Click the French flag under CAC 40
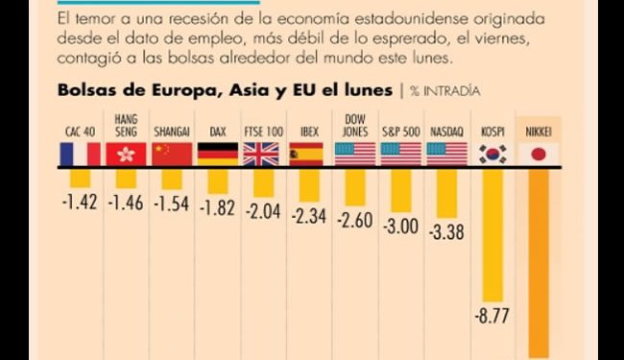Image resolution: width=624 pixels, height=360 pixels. [81, 154]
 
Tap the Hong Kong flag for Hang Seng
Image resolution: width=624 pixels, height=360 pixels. [127, 154]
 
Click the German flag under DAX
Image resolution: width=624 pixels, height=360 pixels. [218, 154]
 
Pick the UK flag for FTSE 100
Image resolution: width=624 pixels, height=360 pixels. [261, 154]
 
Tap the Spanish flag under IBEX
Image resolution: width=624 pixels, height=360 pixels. [307, 154]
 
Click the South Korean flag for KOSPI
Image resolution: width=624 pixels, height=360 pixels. [493, 154]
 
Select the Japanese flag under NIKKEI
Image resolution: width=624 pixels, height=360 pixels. [538, 154]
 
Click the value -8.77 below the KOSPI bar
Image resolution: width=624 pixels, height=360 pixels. [493, 315]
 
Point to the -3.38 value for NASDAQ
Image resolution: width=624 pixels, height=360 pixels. [445, 233]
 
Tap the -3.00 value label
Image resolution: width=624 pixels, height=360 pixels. [401, 228]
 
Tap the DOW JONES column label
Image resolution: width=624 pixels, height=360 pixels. [354, 124]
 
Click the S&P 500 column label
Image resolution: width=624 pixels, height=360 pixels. [400, 130]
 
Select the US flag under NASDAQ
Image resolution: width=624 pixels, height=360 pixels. [446, 154]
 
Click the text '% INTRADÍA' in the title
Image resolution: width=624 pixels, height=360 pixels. [445, 91]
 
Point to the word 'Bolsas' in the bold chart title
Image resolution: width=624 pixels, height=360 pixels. [84, 91]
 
